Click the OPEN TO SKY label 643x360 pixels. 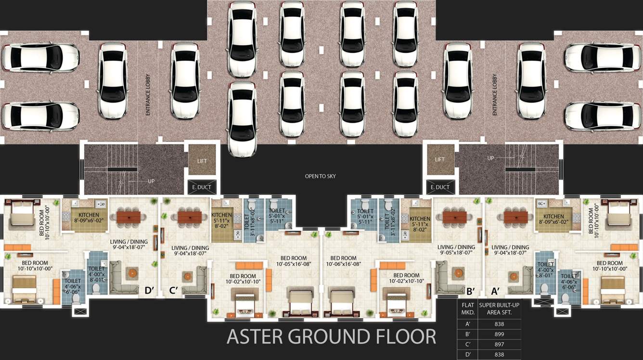tap(320, 176)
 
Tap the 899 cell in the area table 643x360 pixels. tap(499, 334)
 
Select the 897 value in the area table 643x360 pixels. tap(499, 345)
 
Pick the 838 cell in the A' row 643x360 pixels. tap(499, 324)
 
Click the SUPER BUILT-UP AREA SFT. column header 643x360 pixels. tap(499, 309)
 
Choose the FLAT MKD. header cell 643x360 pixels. tap(468, 309)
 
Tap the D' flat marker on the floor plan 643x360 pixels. tap(149, 290)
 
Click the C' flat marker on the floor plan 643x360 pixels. tap(174, 290)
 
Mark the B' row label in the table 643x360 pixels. tap(468, 334)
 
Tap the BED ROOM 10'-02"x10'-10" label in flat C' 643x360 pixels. tap(243, 279)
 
